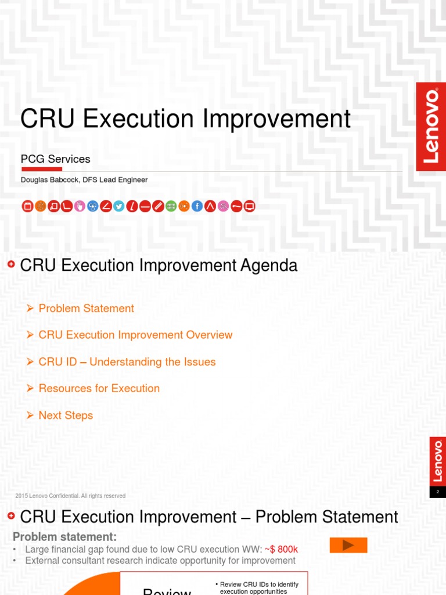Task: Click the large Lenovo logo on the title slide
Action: [x=431, y=126]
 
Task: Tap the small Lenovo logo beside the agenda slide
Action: [x=438, y=461]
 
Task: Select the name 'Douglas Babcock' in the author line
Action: [x=50, y=180]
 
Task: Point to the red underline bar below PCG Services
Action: [x=41, y=169]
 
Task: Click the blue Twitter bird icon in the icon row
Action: [x=119, y=206]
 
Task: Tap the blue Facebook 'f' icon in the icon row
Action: [x=197, y=206]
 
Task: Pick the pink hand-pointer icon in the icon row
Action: [x=80, y=206]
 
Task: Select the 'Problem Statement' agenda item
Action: [x=86, y=309]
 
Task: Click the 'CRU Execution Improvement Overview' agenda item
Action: [x=135, y=335]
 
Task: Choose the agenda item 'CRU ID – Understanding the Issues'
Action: [x=127, y=362]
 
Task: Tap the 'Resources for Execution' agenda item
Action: [x=99, y=389]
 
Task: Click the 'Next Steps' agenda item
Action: [x=66, y=415]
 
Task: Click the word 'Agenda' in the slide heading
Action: [x=268, y=266]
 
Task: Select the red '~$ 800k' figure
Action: [x=282, y=549]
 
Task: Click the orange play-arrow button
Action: [x=348, y=545]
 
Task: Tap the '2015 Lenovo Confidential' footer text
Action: [x=70, y=496]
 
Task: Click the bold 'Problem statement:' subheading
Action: [x=64, y=536]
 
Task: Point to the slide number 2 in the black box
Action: [x=438, y=492]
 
